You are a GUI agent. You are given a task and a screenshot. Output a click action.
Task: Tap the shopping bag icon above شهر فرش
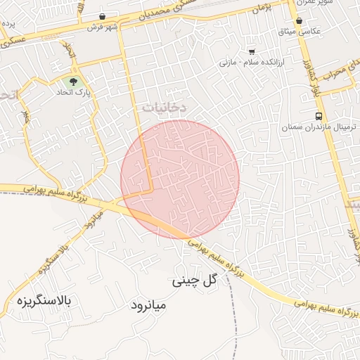pos(103,16)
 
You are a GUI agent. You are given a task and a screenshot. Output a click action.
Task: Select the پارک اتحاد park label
pos(73,92)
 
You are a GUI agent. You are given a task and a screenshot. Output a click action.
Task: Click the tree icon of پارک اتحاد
pos(74,82)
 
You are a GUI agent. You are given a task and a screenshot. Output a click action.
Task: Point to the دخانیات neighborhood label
pos(164,107)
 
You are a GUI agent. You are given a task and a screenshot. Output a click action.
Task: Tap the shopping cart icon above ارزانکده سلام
pos(252,52)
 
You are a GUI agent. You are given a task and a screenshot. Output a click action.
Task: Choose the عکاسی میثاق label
pos(301,32)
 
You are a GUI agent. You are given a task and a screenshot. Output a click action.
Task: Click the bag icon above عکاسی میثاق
pos(300,21)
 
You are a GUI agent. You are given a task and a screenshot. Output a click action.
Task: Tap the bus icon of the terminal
pos(319,116)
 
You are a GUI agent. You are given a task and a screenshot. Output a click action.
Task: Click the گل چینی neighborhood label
pos(193,281)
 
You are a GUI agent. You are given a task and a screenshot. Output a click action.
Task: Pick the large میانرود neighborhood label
pos(149,306)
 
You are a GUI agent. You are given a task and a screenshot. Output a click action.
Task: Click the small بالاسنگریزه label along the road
pos(53,257)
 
